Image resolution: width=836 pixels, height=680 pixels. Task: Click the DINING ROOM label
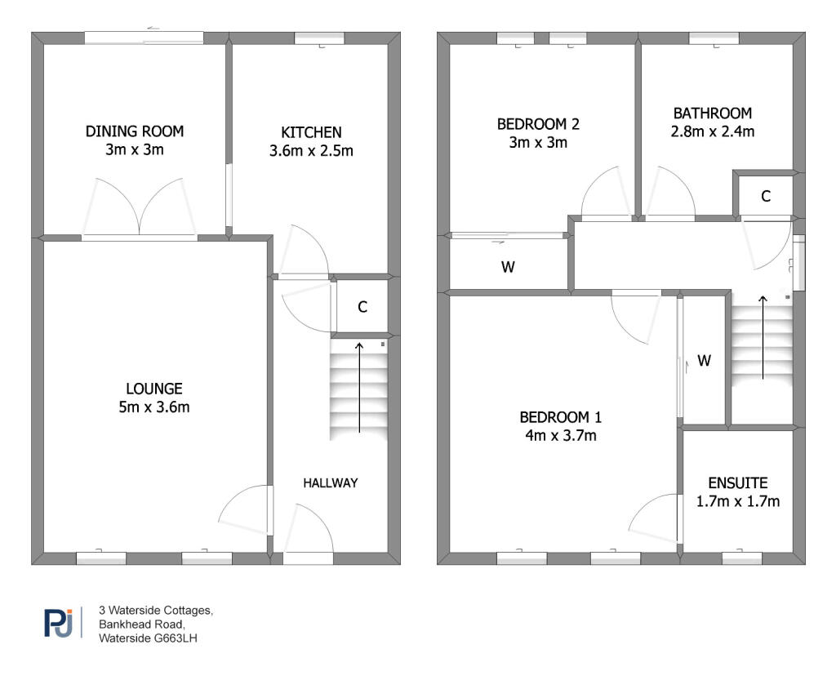click(135, 131)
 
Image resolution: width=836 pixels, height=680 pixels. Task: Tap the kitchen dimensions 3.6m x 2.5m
click(311, 151)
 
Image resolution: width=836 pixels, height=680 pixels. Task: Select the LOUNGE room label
click(153, 389)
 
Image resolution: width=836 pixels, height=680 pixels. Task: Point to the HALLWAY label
click(331, 482)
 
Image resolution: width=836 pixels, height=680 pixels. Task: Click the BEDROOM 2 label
click(538, 124)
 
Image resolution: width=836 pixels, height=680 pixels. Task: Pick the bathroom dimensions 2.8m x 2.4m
click(712, 131)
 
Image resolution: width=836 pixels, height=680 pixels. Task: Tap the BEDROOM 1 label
click(561, 417)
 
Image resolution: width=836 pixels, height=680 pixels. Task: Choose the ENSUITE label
click(737, 483)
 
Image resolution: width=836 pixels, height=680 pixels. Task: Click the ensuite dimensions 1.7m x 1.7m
click(737, 501)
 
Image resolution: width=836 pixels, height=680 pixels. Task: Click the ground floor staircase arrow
click(360, 387)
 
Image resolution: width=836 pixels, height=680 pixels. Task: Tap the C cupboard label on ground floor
click(362, 307)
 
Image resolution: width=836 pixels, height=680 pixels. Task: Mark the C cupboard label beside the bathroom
click(765, 196)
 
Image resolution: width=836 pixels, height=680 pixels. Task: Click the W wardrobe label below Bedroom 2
click(508, 267)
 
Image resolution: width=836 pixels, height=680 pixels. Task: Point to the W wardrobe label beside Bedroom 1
click(705, 360)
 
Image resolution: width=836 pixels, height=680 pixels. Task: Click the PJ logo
click(58, 623)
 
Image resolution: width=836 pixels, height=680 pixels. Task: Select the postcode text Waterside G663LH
click(148, 638)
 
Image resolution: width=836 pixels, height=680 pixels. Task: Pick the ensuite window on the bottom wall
click(741, 558)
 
